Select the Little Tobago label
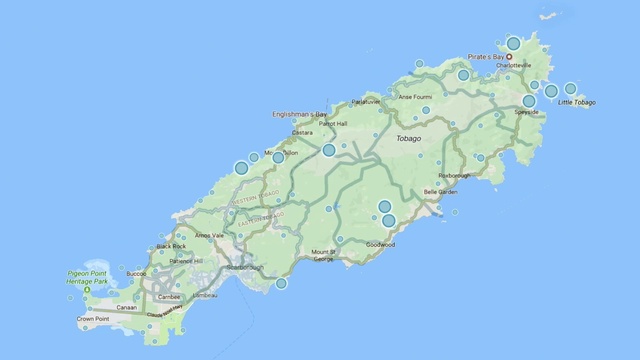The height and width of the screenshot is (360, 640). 577,103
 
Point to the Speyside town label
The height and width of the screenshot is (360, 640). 527,112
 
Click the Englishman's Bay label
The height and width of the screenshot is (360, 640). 300,114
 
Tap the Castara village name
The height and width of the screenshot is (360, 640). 302,132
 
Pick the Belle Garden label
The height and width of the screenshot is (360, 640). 440,191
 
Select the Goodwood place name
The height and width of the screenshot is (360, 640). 381,244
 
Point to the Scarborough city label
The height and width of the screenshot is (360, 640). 245,268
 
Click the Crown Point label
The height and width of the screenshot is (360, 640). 93,320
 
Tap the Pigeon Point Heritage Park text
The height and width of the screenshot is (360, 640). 90,282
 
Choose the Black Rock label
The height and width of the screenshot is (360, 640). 172,246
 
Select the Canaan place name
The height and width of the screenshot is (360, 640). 126,307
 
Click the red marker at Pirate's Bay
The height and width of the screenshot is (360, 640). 509,57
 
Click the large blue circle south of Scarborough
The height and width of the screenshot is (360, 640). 282,283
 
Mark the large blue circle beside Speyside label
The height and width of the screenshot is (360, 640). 529,101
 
